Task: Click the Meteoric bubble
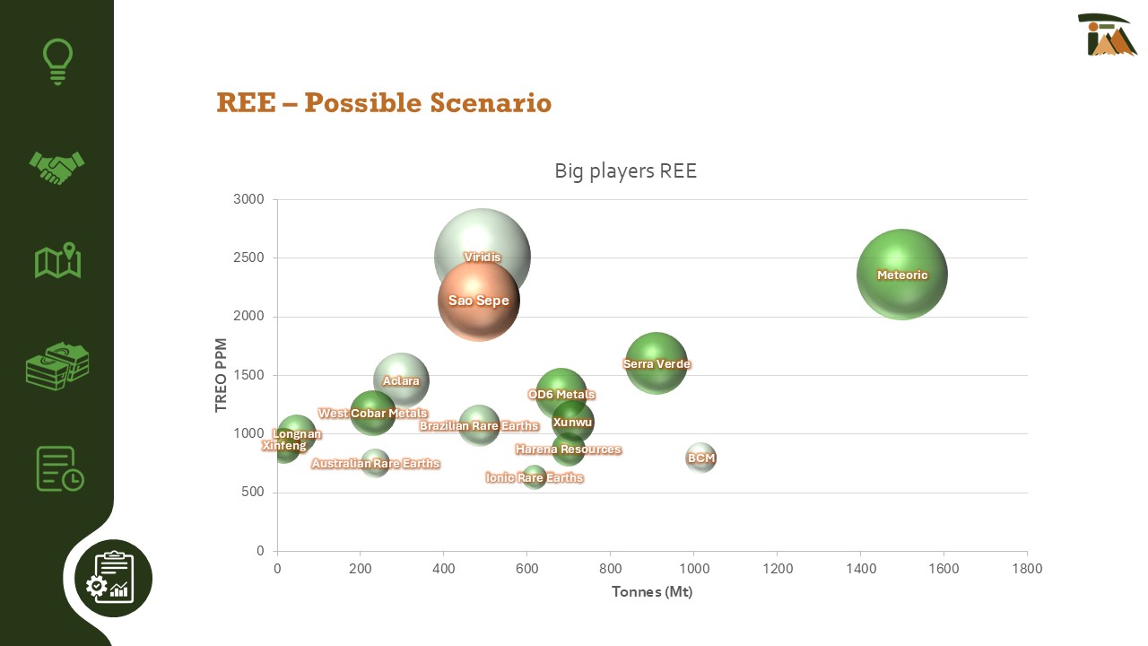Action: click(x=902, y=275)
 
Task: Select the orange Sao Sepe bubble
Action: click(x=479, y=301)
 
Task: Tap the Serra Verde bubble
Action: click(x=657, y=363)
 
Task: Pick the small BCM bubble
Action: click(x=701, y=458)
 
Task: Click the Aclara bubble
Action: click(x=401, y=380)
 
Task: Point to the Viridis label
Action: click(x=483, y=258)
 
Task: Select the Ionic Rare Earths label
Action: click(x=535, y=478)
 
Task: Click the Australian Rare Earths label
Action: click(x=376, y=464)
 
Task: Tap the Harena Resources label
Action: click(x=568, y=450)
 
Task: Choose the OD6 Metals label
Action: click(x=561, y=395)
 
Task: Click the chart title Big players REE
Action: click(x=625, y=170)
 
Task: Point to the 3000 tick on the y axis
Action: click(x=248, y=199)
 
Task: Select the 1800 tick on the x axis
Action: click(x=1027, y=569)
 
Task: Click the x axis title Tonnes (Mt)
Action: click(x=652, y=592)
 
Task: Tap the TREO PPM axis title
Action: click(x=222, y=375)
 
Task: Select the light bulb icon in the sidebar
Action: click(x=57, y=61)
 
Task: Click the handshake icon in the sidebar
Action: click(x=57, y=167)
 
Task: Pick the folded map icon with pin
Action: click(x=57, y=261)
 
